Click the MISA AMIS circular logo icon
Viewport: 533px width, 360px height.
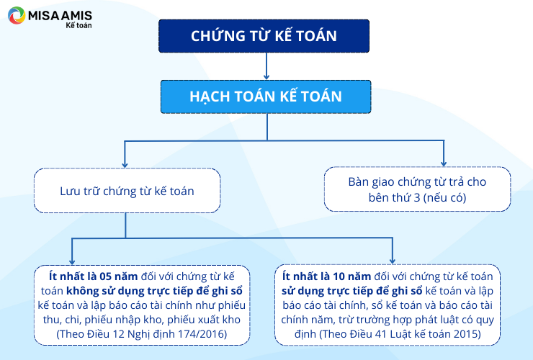tap(17, 15)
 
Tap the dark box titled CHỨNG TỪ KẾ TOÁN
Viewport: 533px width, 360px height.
tap(264, 36)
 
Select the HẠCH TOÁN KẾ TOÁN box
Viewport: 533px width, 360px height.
tap(266, 96)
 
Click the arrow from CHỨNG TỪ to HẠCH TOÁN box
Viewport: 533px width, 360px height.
tap(266, 66)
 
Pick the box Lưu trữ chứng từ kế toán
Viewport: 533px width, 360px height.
tap(127, 191)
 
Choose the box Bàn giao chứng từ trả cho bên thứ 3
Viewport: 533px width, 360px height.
tap(418, 189)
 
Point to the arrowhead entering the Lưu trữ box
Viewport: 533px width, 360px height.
tap(125, 165)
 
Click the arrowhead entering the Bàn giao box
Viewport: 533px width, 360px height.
tap(444, 163)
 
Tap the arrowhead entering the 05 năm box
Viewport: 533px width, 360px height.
tap(72, 261)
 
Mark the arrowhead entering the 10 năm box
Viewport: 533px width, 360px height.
tap(393, 261)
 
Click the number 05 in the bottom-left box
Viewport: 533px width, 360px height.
tap(105, 276)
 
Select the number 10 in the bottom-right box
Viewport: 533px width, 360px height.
tap(339, 276)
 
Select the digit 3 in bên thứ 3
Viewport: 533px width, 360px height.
tap(417, 197)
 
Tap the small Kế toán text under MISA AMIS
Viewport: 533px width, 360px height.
tap(79, 25)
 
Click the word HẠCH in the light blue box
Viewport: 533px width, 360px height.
tap(210, 96)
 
